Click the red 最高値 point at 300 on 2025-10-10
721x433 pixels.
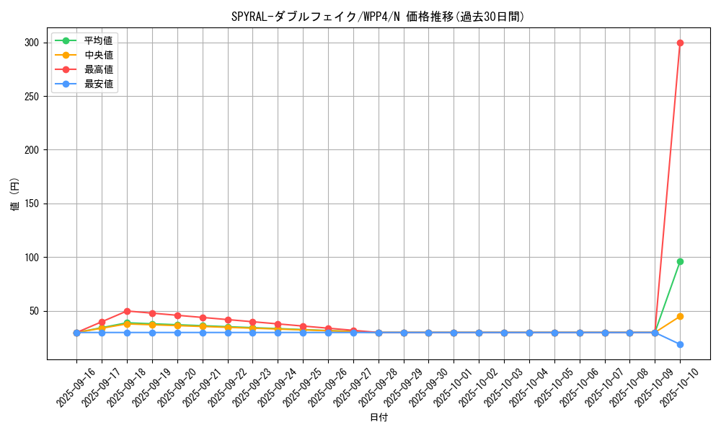point(680,43)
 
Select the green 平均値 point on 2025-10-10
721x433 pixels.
point(680,261)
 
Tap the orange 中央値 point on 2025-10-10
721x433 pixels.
point(680,316)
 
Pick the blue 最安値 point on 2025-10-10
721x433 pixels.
point(680,344)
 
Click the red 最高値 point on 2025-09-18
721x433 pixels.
point(127,311)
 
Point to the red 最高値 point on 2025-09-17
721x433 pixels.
point(102,322)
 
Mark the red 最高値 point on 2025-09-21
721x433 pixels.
point(203,318)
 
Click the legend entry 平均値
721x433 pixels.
point(98,40)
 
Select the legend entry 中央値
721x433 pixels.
point(98,55)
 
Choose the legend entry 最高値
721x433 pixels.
point(98,69)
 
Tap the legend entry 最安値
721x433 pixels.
point(98,84)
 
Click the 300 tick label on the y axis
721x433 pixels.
point(31,43)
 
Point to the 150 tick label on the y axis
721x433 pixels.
point(31,204)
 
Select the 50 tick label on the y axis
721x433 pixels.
point(33,311)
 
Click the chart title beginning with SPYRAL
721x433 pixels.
point(378,17)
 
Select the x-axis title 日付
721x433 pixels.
point(379,418)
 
